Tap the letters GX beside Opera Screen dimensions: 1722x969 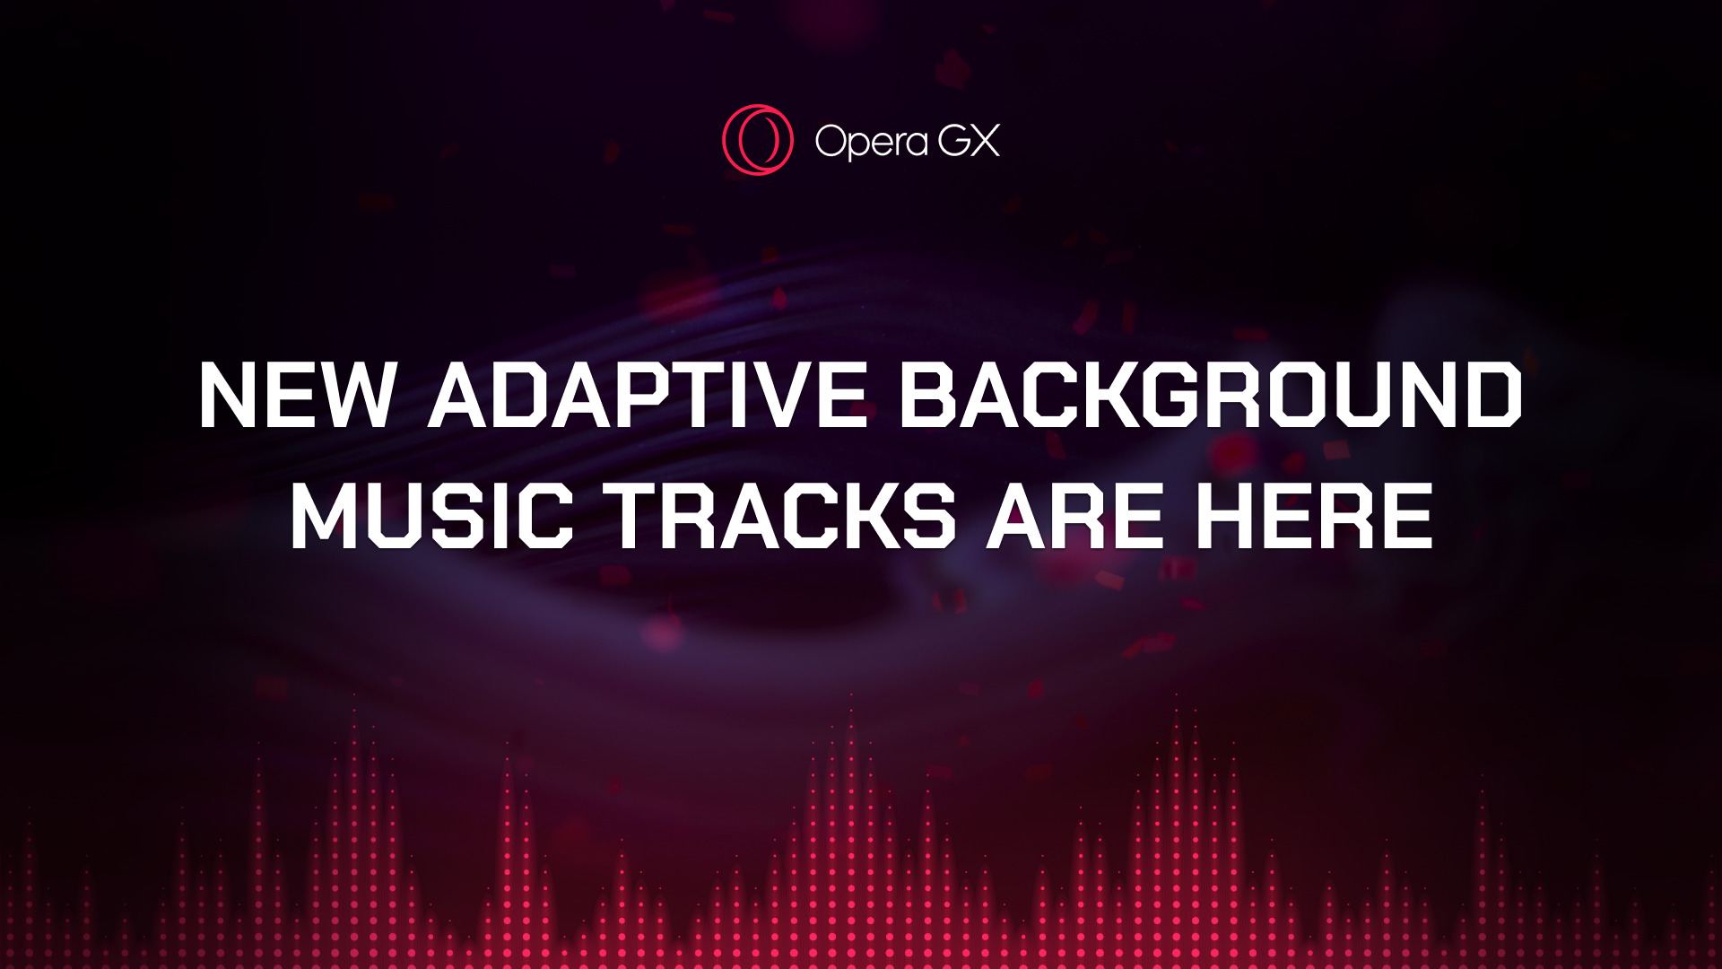(969, 141)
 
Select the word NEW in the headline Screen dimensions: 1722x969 (297, 395)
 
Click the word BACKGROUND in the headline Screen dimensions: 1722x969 (1211, 395)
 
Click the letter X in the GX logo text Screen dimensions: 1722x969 (985, 141)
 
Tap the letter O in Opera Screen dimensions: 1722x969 (831, 141)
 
